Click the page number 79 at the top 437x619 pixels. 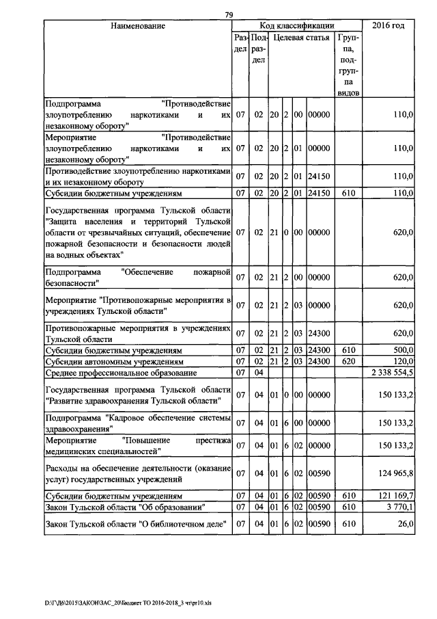229,15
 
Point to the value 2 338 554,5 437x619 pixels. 391,373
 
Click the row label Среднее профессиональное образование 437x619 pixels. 121,373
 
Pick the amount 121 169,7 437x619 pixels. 394,496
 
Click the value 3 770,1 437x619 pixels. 399,508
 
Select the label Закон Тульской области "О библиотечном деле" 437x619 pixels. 132,525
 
